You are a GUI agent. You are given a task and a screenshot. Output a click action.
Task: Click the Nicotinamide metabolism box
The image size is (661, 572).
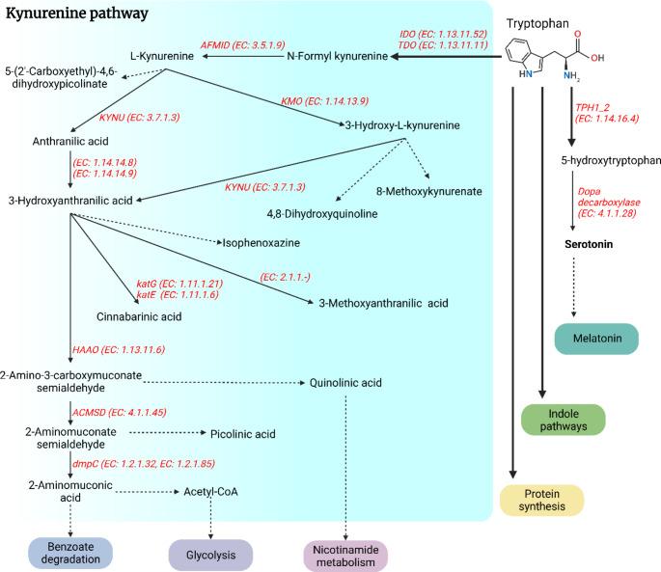[x=344, y=556]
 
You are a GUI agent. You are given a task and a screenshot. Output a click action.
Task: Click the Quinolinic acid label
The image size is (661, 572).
[x=346, y=383]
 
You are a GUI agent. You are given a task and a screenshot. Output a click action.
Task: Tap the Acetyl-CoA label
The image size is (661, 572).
[x=210, y=491]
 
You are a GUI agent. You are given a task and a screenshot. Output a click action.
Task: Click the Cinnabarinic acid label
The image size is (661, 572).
[x=139, y=315]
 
